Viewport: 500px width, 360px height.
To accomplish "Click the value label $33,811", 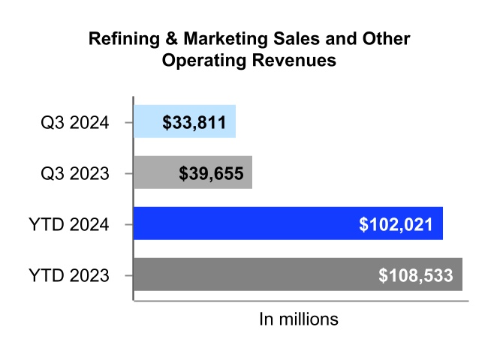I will (x=194, y=121).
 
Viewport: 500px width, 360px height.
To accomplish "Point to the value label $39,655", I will (x=211, y=173).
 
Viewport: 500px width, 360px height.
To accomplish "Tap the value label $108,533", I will (x=416, y=275).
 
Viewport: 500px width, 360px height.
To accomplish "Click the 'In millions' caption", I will (x=299, y=319).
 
